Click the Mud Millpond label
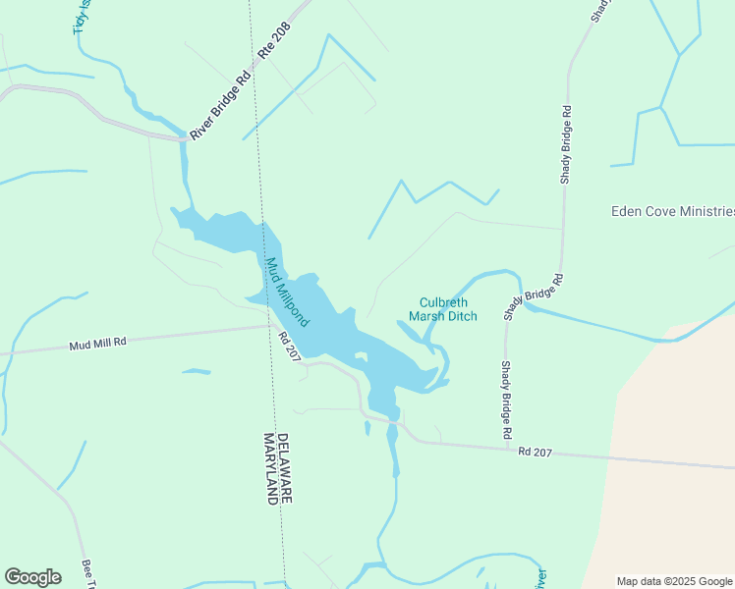point(288,292)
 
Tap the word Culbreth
point(444,302)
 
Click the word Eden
point(626,211)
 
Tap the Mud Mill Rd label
point(98,345)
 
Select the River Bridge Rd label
point(215,108)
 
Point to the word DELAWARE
point(283,468)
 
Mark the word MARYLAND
point(269,468)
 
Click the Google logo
point(32,577)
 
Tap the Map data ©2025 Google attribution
point(673,581)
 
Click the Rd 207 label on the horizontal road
point(537,453)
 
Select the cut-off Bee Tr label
point(88,574)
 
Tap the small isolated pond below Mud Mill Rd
point(197,371)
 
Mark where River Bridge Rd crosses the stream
point(184,137)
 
